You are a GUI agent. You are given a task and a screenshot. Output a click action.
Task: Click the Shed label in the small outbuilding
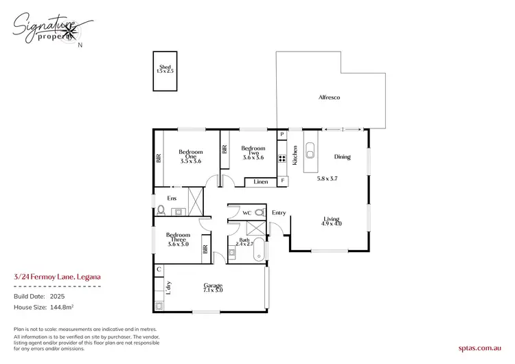click(164, 67)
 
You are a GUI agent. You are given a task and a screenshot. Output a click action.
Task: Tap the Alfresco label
click(329, 98)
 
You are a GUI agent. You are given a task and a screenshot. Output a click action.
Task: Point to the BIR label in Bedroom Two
click(225, 149)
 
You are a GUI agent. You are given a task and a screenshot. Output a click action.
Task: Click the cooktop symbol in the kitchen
click(282, 159)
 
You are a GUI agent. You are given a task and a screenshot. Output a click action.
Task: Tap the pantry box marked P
click(282, 134)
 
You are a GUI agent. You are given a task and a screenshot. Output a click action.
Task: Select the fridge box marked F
click(282, 181)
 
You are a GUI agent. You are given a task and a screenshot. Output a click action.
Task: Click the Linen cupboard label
click(260, 182)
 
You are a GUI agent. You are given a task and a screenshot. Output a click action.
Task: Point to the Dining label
click(342, 157)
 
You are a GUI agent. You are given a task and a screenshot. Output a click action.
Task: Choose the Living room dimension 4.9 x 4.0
click(332, 223)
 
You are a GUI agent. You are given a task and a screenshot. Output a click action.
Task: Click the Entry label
click(279, 213)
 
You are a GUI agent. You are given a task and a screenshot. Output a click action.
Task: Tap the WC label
click(247, 214)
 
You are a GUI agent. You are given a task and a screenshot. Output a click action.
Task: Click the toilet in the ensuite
click(161, 211)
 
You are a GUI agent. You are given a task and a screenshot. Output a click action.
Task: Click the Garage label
click(212, 286)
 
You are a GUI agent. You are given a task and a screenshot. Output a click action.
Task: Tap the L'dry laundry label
click(169, 289)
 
